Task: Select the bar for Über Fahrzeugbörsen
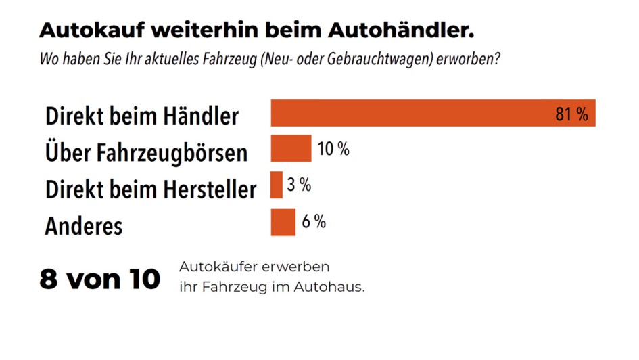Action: (291, 149)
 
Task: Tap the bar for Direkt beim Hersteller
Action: (276, 185)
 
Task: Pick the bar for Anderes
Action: (283, 222)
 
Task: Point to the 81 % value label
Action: (571, 114)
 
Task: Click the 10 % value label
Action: (333, 150)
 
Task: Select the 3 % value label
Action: (299, 185)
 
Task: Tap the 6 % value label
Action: (314, 221)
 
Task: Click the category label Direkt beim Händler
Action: (142, 116)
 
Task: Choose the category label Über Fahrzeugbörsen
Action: (146, 152)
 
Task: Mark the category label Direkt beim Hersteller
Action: (151, 189)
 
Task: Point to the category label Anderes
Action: (84, 225)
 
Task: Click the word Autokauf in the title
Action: (91, 30)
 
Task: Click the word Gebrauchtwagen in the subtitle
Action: (383, 59)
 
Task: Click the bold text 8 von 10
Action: (100, 278)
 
